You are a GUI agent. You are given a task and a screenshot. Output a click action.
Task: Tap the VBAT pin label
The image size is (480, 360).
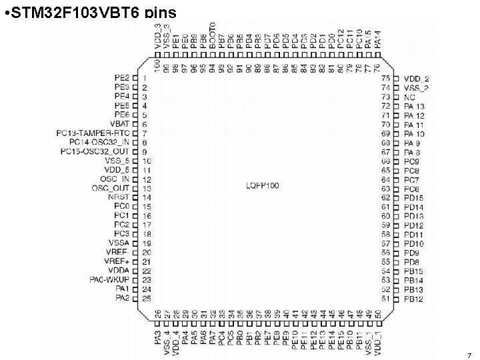tap(119, 124)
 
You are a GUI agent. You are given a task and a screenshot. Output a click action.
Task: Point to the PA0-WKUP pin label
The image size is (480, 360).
tap(109, 279)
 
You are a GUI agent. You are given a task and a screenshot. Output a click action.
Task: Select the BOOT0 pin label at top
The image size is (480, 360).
tap(213, 35)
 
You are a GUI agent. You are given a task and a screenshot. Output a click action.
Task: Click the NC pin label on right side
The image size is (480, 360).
tap(409, 97)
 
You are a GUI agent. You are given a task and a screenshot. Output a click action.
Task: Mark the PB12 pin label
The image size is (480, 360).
tap(413, 298)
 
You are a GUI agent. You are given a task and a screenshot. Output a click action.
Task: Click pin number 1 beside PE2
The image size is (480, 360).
tap(144, 79)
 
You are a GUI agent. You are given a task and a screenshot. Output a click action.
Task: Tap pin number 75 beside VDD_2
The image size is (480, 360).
tap(385, 79)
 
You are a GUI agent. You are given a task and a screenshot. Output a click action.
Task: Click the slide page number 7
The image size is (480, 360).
tap(469, 355)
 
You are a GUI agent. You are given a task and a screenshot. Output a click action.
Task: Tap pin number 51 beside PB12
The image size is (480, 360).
tap(385, 298)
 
